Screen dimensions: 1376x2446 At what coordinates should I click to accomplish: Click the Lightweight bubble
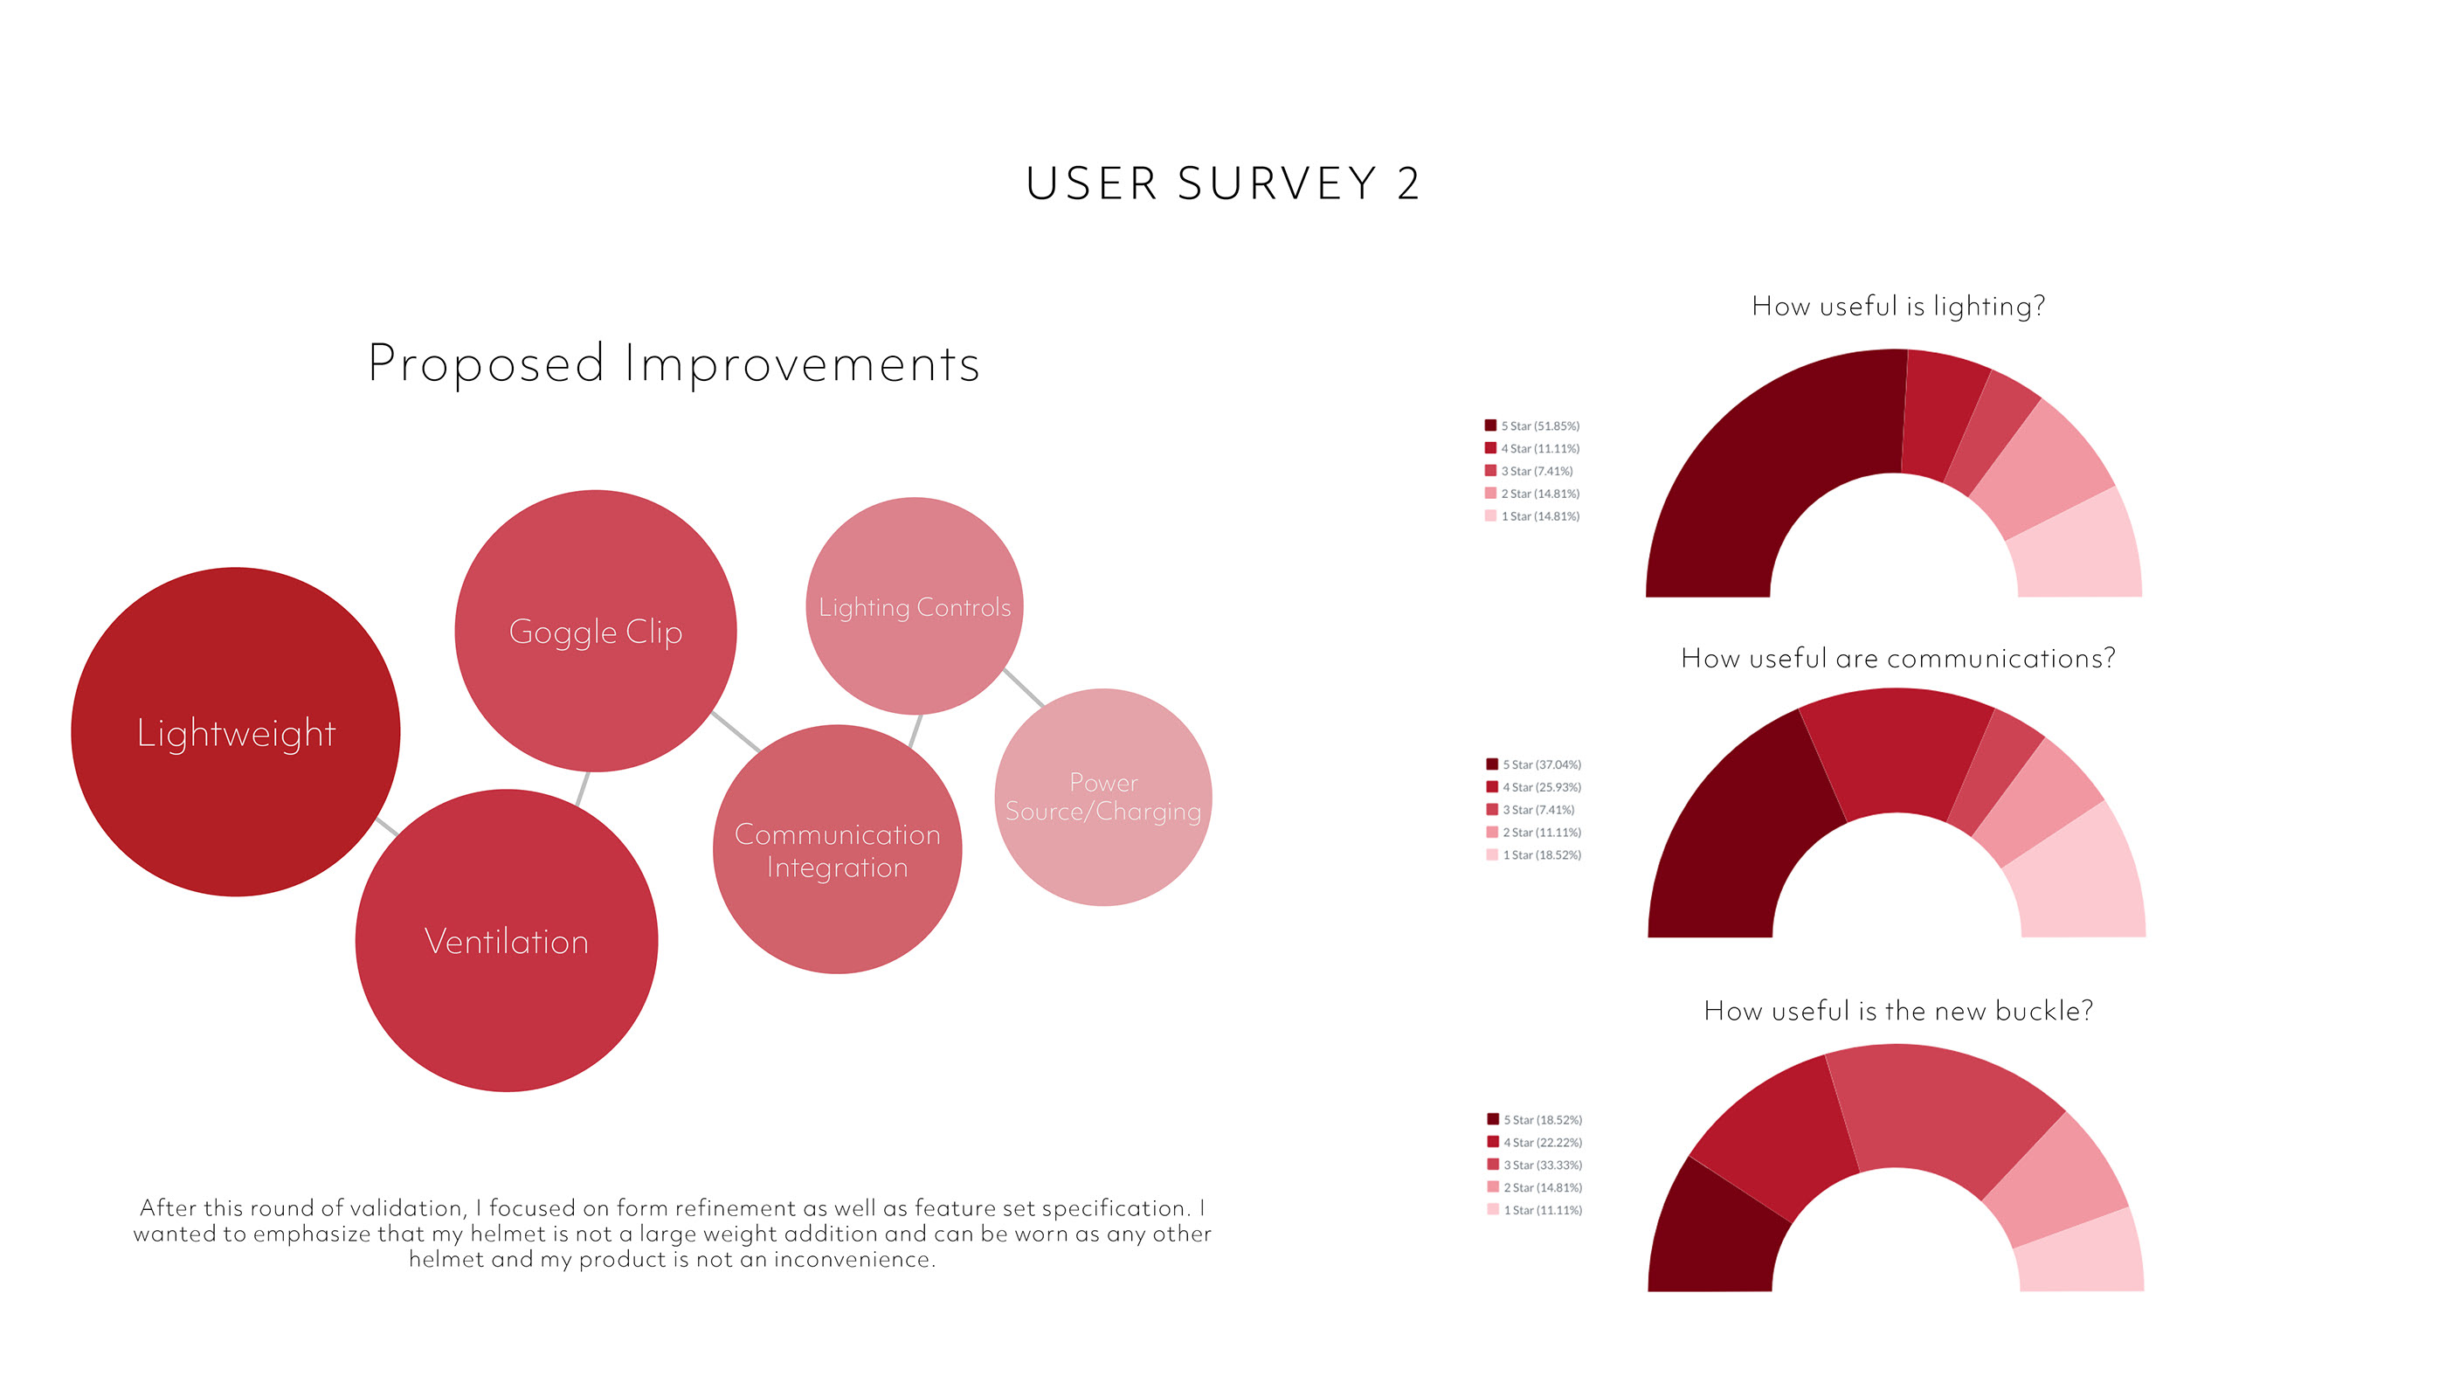(236, 732)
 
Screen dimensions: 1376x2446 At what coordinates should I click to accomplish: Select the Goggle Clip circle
(596, 632)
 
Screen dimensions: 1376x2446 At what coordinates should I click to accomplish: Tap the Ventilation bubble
(506, 941)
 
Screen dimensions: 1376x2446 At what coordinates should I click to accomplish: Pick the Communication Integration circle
(837, 850)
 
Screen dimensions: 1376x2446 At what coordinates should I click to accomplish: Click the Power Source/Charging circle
(1102, 797)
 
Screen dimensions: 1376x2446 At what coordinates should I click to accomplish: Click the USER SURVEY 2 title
(1222, 183)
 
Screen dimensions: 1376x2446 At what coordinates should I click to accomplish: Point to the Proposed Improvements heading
(674, 363)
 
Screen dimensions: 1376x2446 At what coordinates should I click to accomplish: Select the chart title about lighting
(1897, 306)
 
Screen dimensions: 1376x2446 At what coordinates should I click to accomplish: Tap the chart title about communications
(1897, 658)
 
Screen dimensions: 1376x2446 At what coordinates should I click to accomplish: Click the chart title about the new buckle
(1897, 1011)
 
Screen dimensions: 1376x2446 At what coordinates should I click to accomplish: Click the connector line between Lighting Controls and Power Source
(1024, 687)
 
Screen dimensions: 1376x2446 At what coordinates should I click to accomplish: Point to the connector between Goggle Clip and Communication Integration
(736, 731)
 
